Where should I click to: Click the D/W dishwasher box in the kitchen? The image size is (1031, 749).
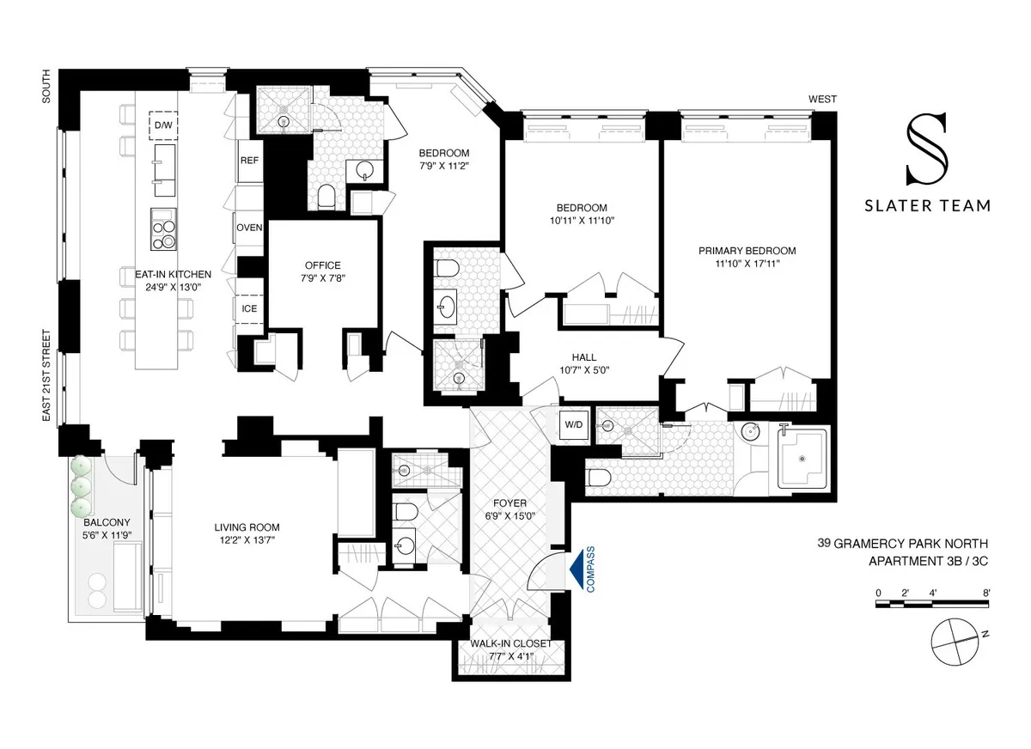[162, 125]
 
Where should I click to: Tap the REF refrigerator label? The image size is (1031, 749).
[249, 161]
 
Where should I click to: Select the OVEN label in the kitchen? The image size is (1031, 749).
[249, 228]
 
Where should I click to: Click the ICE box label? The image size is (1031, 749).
[249, 308]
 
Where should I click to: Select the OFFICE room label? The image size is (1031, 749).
[323, 265]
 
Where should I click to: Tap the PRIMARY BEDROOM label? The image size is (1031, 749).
[747, 251]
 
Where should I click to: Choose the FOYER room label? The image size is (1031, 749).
[510, 503]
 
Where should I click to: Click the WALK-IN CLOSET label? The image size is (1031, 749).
[511, 643]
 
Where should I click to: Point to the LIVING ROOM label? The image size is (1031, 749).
[247, 527]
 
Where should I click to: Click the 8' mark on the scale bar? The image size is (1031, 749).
[986, 593]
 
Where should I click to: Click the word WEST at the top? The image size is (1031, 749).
[821, 100]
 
